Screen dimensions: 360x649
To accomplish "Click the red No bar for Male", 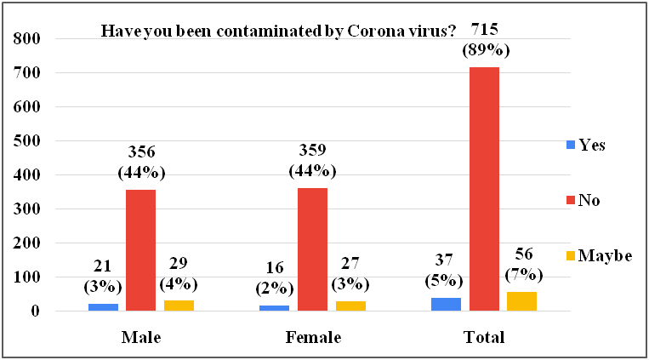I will (x=141, y=250).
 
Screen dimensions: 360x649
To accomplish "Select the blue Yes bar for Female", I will (x=274, y=307).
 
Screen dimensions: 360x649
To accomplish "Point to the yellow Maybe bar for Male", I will (x=179, y=306).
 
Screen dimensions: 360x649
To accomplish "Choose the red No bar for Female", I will (x=312, y=249).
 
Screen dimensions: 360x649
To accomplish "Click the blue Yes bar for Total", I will (x=446, y=304).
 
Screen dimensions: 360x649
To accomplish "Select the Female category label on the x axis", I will (x=312, y=337).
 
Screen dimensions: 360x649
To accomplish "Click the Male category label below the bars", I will (x=141, y=337).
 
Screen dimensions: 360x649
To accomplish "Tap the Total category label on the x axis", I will (x=484, y=337).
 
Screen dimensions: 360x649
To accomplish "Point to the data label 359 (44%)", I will (x=312, y=163).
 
